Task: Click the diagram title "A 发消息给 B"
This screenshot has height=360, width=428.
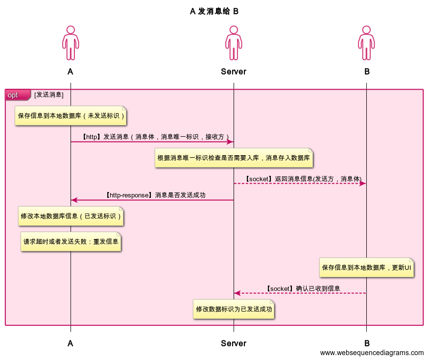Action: coord(214,11)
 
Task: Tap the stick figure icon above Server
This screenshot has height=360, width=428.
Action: coord(234,44)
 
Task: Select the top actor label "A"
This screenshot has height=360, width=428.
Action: coord(71,72)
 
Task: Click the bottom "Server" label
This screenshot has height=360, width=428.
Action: coord(234,343)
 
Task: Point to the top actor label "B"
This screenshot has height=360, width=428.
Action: coord(367,72)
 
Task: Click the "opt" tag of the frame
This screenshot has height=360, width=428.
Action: coord(13,95)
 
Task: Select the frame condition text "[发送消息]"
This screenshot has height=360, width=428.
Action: coord(49,94)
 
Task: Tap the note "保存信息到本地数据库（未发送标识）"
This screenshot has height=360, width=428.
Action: coord(71,116)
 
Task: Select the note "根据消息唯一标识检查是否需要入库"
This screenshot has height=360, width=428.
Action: coord(234,158)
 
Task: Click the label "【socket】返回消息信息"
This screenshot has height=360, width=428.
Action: coord(303,179)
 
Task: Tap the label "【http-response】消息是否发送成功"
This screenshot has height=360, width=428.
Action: coord(155,195)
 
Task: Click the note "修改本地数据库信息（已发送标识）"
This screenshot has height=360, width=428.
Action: coord(71,216)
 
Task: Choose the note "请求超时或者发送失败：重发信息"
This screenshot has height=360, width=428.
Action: coord(71,241)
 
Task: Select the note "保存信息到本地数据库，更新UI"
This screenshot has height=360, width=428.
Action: coord(367,268)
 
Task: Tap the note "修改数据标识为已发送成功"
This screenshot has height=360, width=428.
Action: coord(234,309)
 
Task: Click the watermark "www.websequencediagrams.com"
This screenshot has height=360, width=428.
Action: coord(372,353)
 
